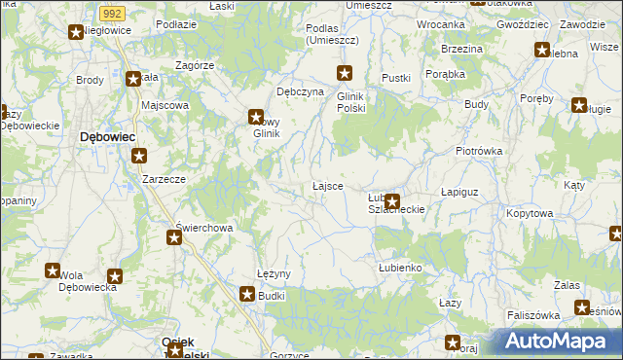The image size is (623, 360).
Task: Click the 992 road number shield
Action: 112,13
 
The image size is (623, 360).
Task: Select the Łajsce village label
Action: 326,186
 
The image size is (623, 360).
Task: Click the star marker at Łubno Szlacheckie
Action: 392,202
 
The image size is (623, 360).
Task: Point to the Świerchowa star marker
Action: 174,237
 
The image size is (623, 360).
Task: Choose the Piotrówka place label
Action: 478,152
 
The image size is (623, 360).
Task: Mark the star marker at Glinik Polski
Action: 345,72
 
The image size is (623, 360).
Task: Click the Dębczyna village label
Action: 300,92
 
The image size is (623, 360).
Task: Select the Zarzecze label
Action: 164,180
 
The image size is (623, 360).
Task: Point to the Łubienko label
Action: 398,267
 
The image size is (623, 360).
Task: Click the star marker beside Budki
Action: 248,293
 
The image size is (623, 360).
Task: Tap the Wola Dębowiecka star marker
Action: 115,276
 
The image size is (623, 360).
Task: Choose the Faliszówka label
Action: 533,316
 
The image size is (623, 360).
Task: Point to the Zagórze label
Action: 195,65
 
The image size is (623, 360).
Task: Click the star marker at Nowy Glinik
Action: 255,116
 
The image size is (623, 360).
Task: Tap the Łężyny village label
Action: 274,274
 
